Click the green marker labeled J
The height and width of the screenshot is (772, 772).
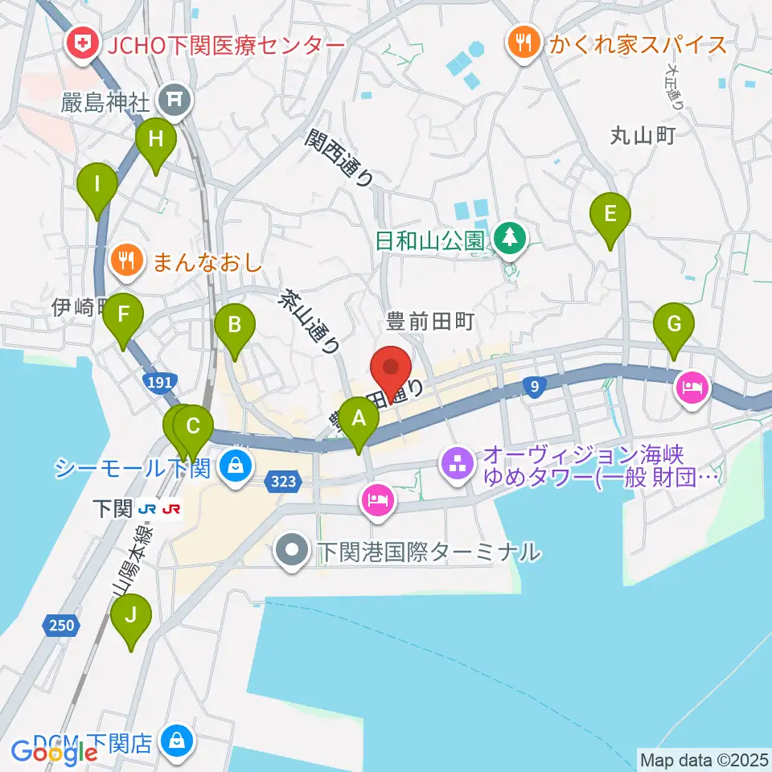pyautogui.click(x=131, y=618)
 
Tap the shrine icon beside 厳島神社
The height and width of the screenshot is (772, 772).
pyautogui.click(x=171, y=100)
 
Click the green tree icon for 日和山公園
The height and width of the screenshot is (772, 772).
pyautogui.click(x=508, y=238)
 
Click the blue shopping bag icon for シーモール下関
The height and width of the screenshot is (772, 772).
pyautogui.click(x=235, y=466)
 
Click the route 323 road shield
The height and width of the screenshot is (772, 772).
pyautogui.click(x=282, y=481)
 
